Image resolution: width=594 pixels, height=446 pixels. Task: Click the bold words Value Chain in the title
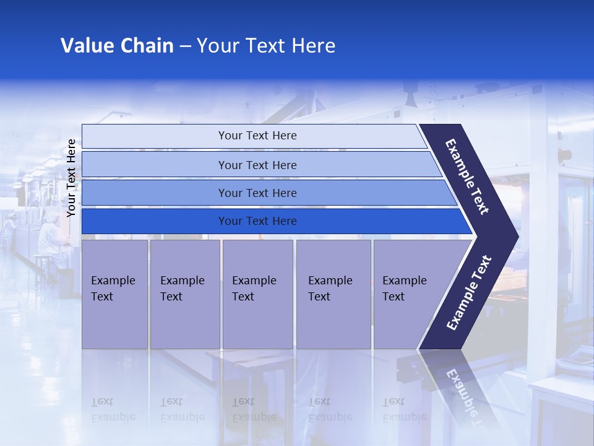coord(117,46)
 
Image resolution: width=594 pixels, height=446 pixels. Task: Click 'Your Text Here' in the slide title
coord(266,46)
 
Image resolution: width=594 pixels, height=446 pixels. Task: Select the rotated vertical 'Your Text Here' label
coord(71,178)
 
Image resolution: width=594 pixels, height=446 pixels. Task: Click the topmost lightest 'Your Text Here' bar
coord(257,136)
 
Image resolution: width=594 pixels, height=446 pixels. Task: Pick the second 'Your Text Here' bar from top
coord(257,165)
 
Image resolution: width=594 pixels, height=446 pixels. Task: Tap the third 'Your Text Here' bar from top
coord(257,193)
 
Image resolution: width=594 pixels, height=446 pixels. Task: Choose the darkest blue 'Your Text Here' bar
coord(257,221)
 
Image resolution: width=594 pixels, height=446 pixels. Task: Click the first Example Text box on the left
coord(114,294)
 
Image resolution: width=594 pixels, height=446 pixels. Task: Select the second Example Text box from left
coord(184,294)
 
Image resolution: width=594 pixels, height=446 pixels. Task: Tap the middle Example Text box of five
coord(257,294)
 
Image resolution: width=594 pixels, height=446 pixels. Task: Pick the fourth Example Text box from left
coord(334,294)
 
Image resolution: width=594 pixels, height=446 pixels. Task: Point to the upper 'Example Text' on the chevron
coord(467,177)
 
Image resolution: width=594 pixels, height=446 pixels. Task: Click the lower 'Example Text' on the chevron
coord(469,292)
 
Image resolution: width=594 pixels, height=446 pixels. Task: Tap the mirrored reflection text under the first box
coord(113,409)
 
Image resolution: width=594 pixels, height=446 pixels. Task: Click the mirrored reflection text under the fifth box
coord(404,409)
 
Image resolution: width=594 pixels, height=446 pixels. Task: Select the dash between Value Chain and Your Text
coord(185,46)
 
